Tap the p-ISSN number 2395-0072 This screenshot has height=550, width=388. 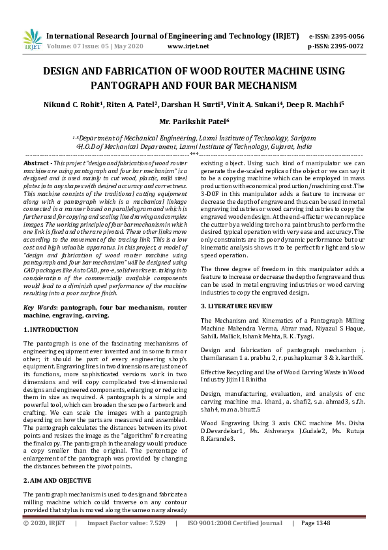tap(348, 46)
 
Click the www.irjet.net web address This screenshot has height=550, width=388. tap(188, 46)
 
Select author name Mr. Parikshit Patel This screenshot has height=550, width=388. tap(193, 121)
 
